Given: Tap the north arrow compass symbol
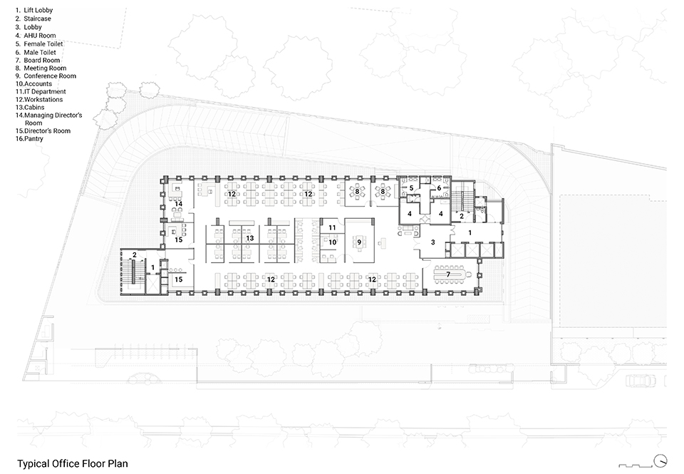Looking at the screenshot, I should (662, 460).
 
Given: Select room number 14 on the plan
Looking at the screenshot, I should (179, 204).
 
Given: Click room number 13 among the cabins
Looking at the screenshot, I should (250, 238).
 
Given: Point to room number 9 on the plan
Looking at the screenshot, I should (360, 242).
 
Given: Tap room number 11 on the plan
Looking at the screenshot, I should (332, 227).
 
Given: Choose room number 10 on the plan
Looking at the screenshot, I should (332, 242).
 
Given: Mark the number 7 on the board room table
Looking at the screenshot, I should (448, 274).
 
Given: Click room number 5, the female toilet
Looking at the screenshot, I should (412, 188).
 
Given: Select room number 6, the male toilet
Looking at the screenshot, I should (440, 188).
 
